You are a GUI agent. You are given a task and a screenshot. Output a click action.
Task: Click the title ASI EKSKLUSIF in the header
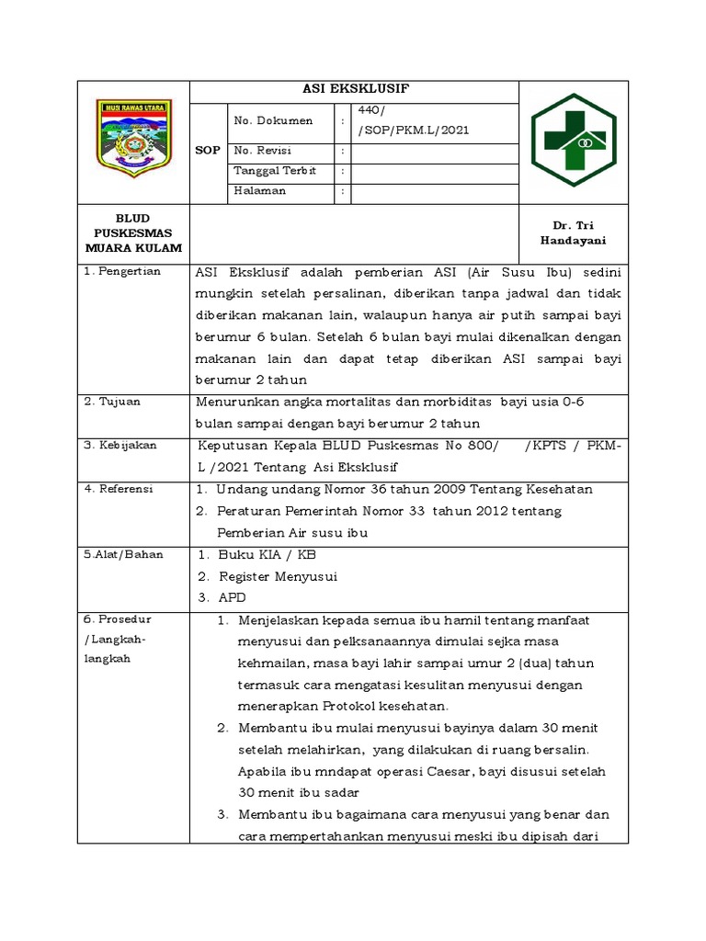click(355, 89)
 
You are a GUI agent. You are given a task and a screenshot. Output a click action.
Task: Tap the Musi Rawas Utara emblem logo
click(133, 139)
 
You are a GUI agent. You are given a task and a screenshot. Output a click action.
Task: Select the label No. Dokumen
click(273, 120)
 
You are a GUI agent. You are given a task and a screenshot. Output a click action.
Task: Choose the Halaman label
click(260, 191)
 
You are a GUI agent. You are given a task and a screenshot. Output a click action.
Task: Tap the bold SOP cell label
click(208, 151)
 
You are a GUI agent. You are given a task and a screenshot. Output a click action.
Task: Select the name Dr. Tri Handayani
click(575, 233)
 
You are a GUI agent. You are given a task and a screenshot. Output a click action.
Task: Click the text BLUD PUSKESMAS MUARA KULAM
click(133, 233)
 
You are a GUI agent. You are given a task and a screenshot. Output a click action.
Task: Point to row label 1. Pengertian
click(122, 271)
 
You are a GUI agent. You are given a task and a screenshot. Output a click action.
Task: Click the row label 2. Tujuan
click(113, 402)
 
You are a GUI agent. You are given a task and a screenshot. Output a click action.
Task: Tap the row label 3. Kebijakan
click(120, 445)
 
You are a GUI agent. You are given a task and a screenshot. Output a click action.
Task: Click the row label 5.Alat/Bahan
click(123, 555)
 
